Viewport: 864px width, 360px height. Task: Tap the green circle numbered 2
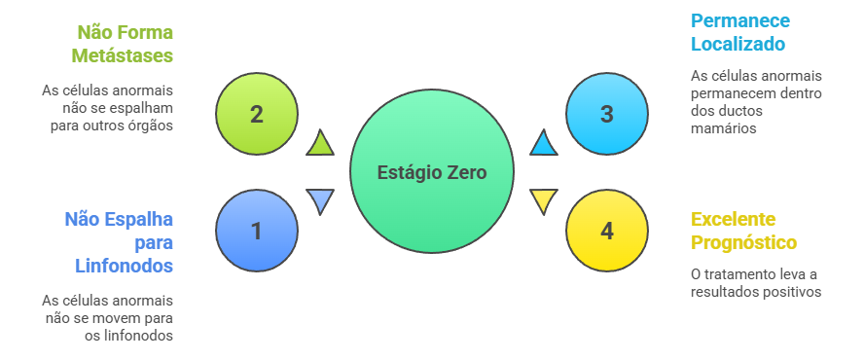[x=256, y=114]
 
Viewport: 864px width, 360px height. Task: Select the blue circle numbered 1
[x=256, y=231]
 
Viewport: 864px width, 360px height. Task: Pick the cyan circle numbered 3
[x=607, y=114]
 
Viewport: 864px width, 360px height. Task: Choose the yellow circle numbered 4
[x=607, y=231]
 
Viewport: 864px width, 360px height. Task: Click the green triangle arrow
[x=320, y=144]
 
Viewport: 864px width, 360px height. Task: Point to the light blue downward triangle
[x=320, y=200]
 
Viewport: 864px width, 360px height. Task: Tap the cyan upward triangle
[x=544, y=144]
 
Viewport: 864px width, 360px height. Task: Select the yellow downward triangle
[x=543, y=200]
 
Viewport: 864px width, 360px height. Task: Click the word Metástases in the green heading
[x=127, y=55]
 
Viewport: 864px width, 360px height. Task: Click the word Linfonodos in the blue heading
[x=125, y=265]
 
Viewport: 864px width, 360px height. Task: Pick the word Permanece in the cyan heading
[x=740, y=20]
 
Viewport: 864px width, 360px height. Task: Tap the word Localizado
[x=738, y=44]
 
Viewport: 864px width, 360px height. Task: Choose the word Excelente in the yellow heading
[x=734, y=218]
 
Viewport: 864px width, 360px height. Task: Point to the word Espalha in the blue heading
[x=140, y=218]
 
